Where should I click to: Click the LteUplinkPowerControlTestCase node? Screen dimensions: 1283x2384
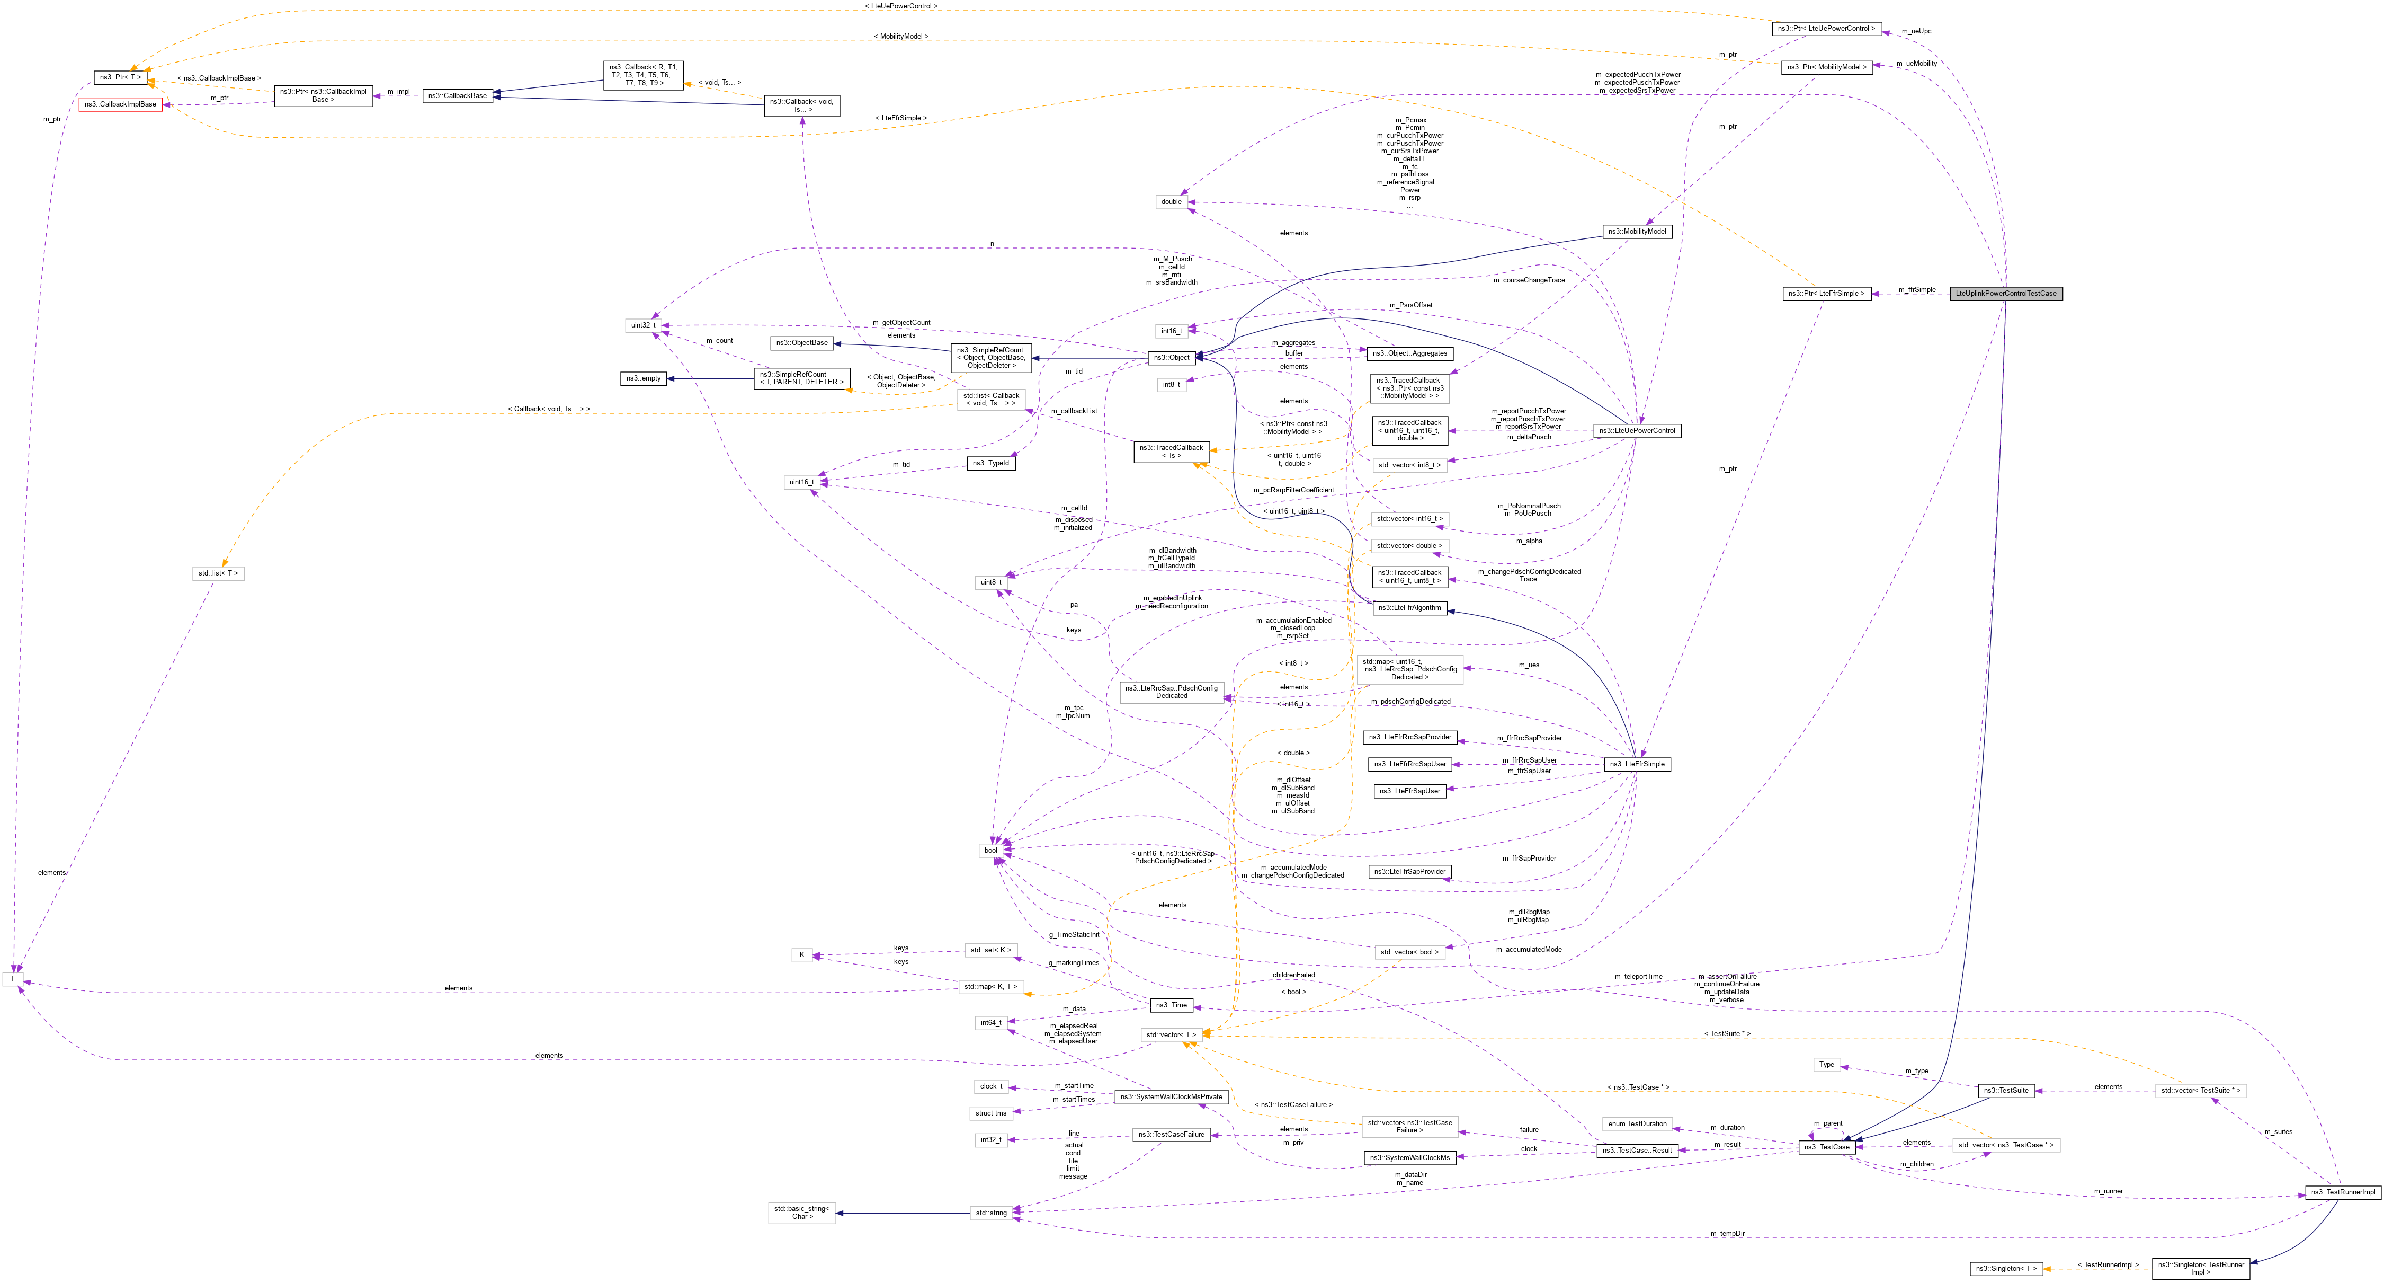pos(2005,294)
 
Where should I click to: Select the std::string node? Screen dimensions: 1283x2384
pos(990,1213)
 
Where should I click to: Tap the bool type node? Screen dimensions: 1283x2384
pos(991,850)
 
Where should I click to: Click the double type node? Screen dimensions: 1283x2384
pos(1172,202)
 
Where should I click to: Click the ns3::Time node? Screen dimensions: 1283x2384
pos(1171,1005)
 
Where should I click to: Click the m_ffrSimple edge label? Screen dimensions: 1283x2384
pos(1917,290)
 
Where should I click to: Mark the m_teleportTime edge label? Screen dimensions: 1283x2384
pos(1638,977)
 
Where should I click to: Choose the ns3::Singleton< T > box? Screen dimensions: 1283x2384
pos(2005,1268)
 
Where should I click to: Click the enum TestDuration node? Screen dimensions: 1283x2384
pos(1637,1124)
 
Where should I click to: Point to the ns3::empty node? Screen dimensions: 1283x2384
pos(643,378)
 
